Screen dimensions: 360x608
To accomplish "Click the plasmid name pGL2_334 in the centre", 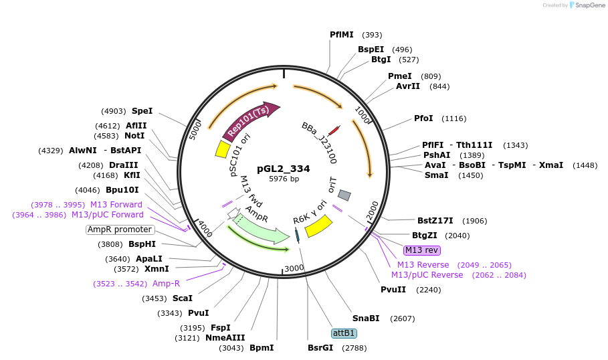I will (284, 169).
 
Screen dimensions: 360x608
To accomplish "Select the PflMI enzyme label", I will (342, 35).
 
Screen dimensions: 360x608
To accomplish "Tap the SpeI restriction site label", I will (142, 111).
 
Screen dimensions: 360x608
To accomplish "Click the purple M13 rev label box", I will (422, 250).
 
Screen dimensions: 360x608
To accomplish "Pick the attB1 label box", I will (344, 333).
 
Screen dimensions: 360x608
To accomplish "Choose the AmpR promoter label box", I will (120, 230).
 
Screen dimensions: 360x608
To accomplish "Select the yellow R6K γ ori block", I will (319, 226).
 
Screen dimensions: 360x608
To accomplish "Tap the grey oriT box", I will (344, 195).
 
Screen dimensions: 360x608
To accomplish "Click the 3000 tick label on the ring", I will (294, 268).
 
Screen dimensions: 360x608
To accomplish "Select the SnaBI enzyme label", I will (366, 319).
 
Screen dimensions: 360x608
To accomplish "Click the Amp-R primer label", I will (166, 284).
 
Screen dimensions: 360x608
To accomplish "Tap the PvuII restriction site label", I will (393, 290).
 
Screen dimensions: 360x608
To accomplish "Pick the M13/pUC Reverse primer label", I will (427, 275).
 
